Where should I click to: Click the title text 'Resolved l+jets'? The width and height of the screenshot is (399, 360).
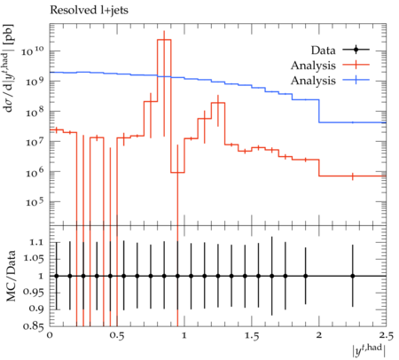click(89, 11)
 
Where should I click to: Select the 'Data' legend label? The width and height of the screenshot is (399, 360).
click(323, 51)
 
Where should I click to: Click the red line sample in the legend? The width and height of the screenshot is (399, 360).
click(356, 65)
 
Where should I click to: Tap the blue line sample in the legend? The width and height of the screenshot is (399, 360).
click(356, 80)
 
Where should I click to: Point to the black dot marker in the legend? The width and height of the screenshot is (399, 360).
click(356, 50)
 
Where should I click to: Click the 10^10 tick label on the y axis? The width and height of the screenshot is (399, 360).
click(33, 51)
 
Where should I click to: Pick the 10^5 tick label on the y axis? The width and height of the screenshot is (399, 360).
click(34, 201)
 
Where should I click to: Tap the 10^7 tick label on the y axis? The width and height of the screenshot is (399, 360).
click(34, 141)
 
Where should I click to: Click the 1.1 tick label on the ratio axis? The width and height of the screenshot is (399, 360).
click(36, 243)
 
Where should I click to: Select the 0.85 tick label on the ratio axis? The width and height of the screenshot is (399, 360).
click(34, 326)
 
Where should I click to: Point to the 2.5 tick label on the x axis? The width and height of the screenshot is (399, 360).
click(386, 335)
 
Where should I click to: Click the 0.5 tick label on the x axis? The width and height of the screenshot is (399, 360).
click(117, 335)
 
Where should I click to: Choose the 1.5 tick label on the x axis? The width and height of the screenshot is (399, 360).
click(252, 335)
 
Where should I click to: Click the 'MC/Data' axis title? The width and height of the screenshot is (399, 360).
click(12, 276)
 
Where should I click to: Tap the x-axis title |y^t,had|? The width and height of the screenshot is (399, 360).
click(369, 350)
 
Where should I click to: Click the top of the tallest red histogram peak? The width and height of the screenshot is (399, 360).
click(164, 39)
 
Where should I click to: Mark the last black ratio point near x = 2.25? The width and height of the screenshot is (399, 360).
click(352, 276)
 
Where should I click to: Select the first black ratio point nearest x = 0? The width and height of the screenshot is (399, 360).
click(57, 276)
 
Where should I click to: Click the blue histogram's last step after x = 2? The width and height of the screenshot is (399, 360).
click(353, 122)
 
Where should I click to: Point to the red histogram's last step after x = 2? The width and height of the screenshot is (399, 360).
click(353, 176)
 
